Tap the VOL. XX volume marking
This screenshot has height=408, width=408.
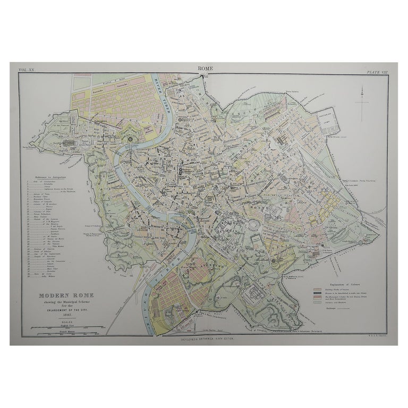coord(26,70)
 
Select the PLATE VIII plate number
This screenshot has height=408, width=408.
coord(377,70)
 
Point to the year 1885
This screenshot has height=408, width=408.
coord(57,313)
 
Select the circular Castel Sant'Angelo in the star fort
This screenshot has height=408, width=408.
coord(131,139)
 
